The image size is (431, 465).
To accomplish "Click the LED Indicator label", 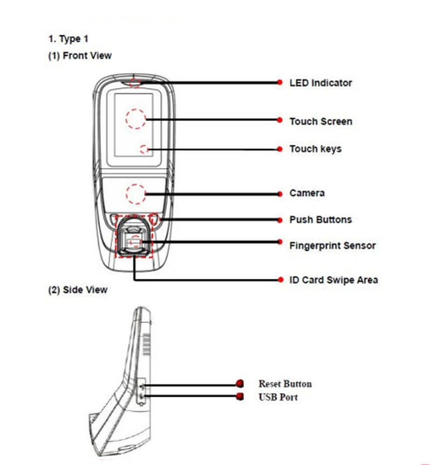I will click(x=321, y=83).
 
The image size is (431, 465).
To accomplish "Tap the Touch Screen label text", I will click(x=321, y=121).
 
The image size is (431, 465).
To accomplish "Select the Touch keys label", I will click(x=315, y=149).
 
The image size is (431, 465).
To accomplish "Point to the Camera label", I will click(x=307, y=193).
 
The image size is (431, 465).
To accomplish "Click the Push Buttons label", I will click(x=320, y=220).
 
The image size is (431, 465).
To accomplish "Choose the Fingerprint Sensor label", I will click(x=332, y=245).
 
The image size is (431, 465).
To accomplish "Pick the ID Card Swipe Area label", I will click(x=333, y=280).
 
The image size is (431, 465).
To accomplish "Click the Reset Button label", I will click(x=285, y=384).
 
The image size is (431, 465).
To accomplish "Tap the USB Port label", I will click(x=278, y=397).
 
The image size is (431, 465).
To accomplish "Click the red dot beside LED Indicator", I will click(x=280, y=82).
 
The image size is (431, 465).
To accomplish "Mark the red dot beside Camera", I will click(x=280, y=193).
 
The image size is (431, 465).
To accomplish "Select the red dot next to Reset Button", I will click(x=240, y=384).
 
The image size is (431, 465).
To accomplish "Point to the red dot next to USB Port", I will click(x=240, y=397).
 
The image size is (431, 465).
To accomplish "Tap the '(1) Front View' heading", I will click(x=80, y=55).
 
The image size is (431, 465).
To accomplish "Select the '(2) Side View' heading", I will click(x=78, y=290).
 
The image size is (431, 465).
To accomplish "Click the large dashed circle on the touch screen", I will click(x=136, y=119).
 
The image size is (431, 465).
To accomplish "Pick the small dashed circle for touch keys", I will click(x=144, y=149).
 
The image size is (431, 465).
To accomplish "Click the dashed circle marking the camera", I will click(x=136, y=194).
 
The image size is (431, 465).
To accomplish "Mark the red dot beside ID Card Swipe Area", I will click(x=280, y=280).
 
